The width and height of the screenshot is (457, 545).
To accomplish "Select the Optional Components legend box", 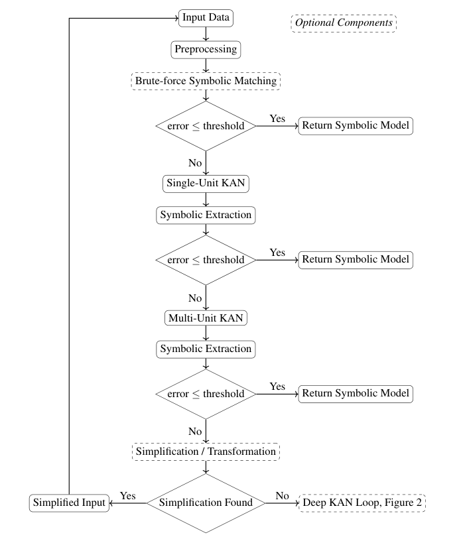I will [344, 23].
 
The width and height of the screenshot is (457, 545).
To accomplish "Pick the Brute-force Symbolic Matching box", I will [206, 81].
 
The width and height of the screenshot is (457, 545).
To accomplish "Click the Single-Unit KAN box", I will [206, 182].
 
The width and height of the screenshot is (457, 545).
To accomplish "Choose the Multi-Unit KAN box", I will [206, 318].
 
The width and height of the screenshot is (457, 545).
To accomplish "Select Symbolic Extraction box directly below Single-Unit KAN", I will [206, 215].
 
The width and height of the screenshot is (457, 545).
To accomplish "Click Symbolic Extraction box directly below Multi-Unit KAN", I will [206, 349].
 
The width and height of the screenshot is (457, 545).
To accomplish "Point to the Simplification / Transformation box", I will [206, 452].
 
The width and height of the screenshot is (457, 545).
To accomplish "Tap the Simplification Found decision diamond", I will [206, 503].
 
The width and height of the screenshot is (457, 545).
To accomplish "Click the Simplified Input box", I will [68, 503].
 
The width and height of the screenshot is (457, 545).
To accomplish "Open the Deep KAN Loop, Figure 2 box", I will [361, 503].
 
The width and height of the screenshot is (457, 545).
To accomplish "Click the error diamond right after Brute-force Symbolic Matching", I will [206, 126].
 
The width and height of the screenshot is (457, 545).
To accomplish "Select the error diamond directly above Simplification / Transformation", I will [206, 394].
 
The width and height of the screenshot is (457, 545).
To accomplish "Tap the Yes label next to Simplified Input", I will [127, 495].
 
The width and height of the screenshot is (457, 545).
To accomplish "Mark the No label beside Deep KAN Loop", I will [282, 495].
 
